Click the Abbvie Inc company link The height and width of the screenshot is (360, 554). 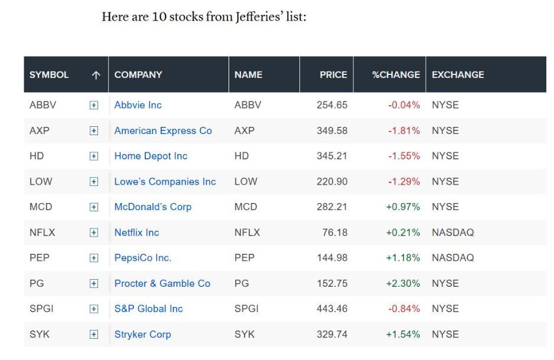coord(138,105)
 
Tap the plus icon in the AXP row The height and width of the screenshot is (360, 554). coord(94,131)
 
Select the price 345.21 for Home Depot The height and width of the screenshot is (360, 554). coord(332,156)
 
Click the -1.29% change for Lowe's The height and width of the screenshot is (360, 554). coord(404,181)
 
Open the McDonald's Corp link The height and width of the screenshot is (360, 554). coord(152,207)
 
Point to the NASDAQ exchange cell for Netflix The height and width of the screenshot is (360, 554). coord(452,233)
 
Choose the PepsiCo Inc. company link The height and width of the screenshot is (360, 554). coord(143,258)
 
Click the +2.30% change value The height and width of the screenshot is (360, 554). coord(403,283)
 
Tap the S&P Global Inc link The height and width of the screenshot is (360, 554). coord(148,309)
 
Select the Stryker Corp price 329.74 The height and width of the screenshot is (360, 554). coord(332,334)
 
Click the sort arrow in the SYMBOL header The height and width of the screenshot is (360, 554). coord(96,75)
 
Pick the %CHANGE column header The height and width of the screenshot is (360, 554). coord(396,74)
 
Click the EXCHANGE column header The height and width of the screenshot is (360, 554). coord(458,74)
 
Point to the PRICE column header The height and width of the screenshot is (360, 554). coord(333,74)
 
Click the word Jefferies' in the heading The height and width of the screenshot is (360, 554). coord(260,17)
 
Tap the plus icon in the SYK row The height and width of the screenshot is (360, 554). coord(94,334)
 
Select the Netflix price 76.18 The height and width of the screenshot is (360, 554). coord(335,233)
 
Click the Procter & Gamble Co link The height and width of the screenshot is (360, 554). coord(162,283)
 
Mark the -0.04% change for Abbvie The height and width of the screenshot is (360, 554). coord(404,105)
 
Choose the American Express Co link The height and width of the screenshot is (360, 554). coord(163,130)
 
